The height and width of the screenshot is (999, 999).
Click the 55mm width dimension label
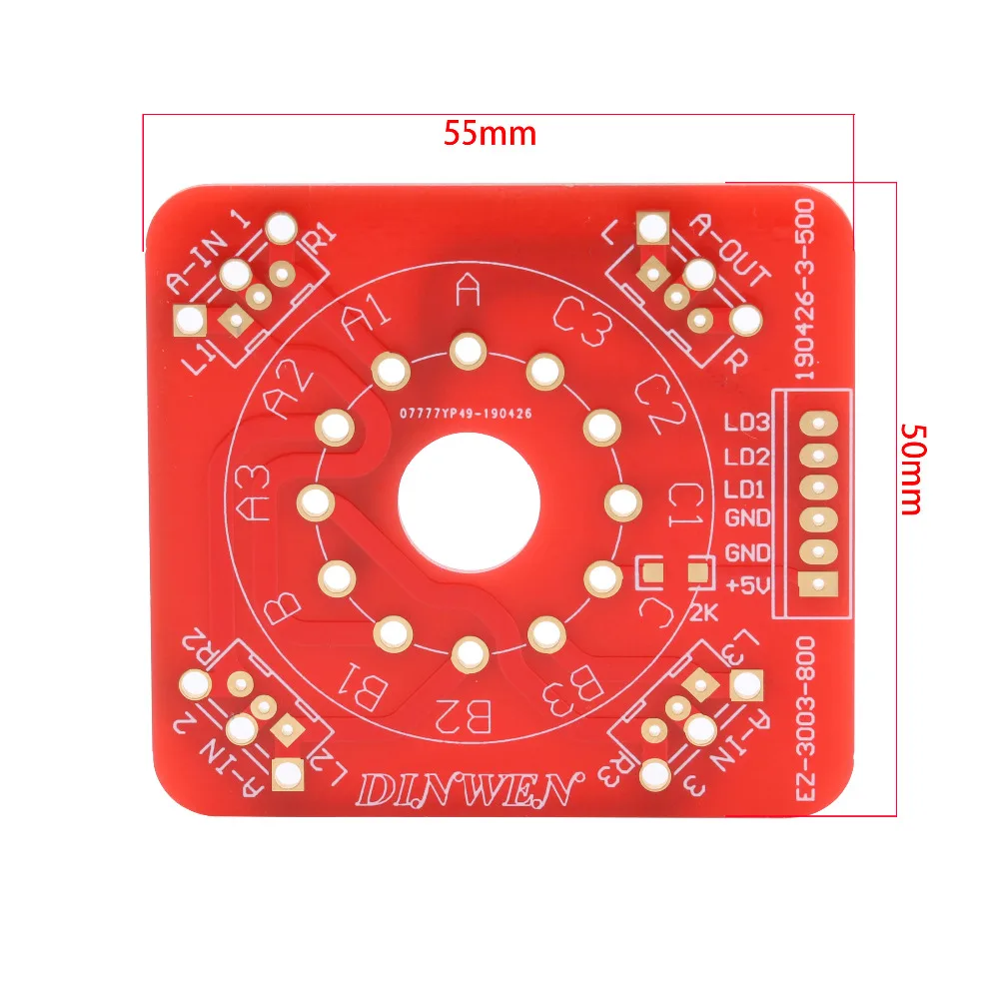click(x=490, y=133)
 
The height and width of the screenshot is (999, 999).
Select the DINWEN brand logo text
click(x=469, y=789)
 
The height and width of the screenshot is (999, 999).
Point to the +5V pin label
click(x=748, y=585)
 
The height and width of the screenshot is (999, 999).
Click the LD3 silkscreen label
click(x=747, y=424)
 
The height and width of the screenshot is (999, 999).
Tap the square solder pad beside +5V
click(x=818, y=585)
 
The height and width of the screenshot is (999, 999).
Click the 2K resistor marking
click(x=704, y=612)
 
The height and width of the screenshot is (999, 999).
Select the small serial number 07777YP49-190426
click(x=466, y=411)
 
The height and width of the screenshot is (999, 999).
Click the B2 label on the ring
click(x=466, y=715)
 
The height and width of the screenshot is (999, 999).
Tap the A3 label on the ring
click(x=255, y=494)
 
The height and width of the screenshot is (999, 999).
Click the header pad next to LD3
click(x=818, y=424)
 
